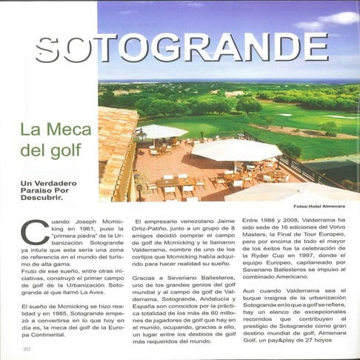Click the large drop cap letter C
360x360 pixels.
click(x=34, y=231)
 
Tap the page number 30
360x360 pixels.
click(x=27, y=348)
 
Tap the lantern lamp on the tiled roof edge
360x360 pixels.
click(x=141, y=135)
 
